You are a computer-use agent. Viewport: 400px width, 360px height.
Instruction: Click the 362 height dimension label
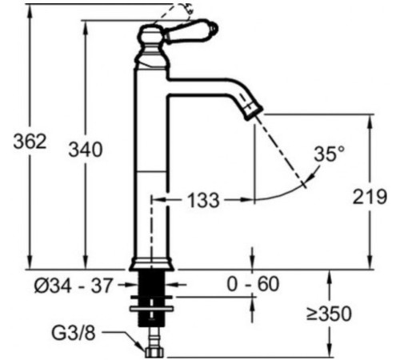pyautogui.click(x=30, y=142)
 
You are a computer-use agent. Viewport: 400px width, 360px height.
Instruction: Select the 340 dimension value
pyautogui.click(x=86, y=150)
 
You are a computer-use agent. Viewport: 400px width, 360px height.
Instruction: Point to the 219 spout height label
pyautogui.click(x=370, y=197)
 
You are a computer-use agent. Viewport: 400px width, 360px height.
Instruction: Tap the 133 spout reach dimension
pyautogui.click(x=204, y=200)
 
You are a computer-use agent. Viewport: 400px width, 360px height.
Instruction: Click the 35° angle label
pyautogui.click(x=330, y=154)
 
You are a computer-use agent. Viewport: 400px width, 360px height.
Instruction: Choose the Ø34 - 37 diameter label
pyautogui.click(x=73, y=286)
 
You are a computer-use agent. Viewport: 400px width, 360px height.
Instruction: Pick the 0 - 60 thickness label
pyautogui.click(x=253, y=284)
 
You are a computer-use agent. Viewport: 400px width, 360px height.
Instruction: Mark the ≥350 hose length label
pyautogui.click(x=329, y=314)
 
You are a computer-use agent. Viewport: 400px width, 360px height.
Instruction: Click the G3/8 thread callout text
pyautogui.click(x=74, y=333)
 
